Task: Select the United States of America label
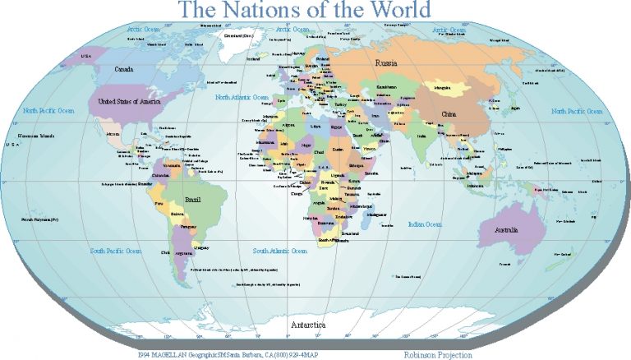pos(127,101)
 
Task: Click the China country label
pos(448,113)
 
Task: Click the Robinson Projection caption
pos(438,354)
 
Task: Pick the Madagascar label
pos(375,214)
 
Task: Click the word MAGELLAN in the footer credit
pos(175,354)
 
